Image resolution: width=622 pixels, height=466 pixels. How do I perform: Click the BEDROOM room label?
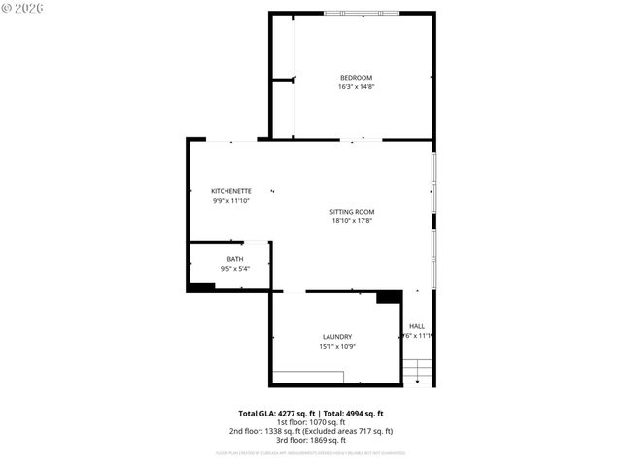click(356, 78)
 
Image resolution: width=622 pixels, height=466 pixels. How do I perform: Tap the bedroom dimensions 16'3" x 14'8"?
click(356, 87)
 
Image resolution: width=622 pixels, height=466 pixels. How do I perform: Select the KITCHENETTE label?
click(231, 191)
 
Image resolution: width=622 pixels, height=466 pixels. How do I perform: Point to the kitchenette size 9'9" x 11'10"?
click(231, 201)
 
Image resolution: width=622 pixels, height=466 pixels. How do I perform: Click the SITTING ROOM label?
click(352, 212)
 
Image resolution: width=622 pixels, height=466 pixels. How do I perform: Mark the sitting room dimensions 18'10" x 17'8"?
click(352, 221)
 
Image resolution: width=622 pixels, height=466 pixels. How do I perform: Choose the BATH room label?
click(235, 259)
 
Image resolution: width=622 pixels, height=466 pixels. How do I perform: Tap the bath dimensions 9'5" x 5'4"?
click(235, 269)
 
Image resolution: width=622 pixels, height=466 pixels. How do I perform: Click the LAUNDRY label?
click(336, 336)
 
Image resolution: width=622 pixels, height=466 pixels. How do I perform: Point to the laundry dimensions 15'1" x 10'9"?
click(336, 346)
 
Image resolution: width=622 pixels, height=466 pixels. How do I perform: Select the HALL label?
click(417, 326)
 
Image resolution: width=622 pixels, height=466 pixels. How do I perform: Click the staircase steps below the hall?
click(417, 372)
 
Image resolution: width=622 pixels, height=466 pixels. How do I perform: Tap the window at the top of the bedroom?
click(361, 13)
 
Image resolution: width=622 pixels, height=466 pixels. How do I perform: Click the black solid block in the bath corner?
click(200, 286)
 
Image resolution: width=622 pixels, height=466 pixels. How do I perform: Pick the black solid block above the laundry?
click(389, 297)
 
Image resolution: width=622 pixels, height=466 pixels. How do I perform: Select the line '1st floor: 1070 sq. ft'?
click(311, 422)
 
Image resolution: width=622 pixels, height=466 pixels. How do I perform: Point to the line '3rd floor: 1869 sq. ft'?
click(311, 440)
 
